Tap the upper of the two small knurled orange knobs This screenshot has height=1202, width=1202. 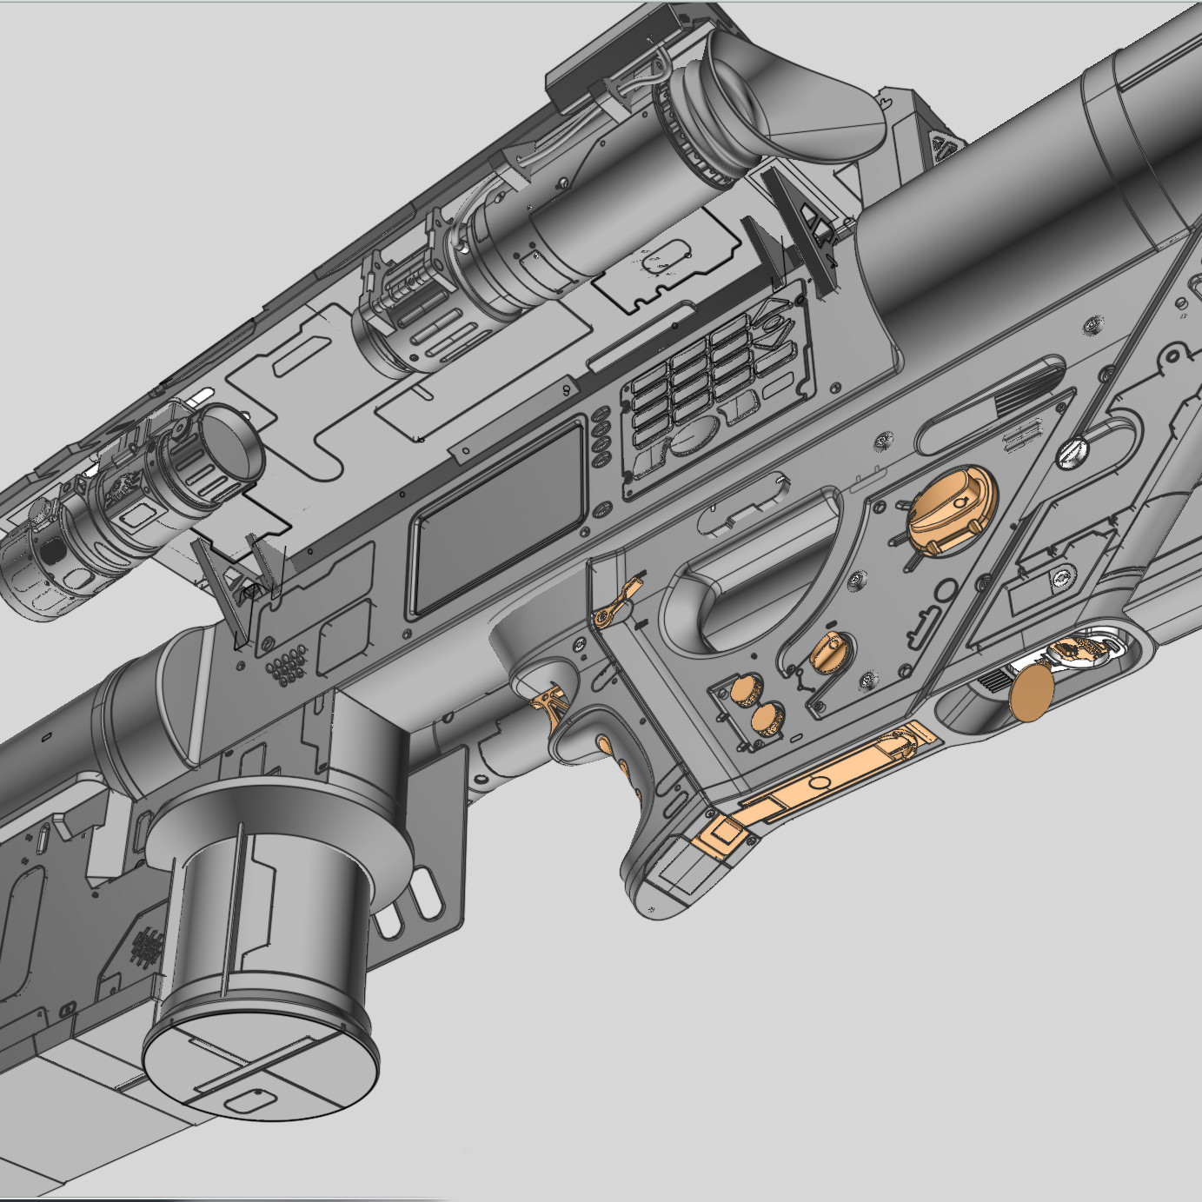tap(743, 690)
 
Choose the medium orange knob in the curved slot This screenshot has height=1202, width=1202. tap(828, 651)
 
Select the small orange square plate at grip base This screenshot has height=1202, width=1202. tap(722, 836)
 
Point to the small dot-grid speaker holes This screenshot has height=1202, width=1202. tap(287, 666)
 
